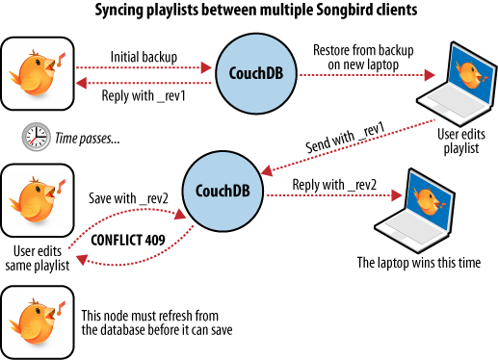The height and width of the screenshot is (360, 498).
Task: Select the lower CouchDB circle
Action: tap(220, 191)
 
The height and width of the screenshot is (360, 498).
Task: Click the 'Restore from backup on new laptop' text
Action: tap(354, 56)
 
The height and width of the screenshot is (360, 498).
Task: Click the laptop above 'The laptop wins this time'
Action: tap(416, 210)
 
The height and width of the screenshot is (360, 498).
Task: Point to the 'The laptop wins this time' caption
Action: tap(416, 261)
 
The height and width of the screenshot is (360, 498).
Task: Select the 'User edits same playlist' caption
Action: tap(39, 258)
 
